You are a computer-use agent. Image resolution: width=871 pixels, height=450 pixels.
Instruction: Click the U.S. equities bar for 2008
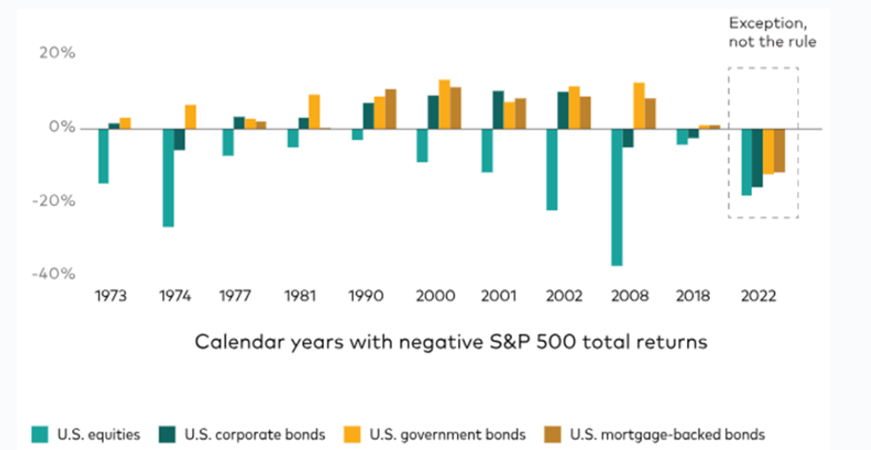point(616,197)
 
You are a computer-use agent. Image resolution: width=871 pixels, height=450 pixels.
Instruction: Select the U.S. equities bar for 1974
point(167,178)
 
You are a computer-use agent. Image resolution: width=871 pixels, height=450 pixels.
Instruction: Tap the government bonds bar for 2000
point(445,105)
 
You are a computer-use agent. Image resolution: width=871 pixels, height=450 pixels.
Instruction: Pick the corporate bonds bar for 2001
point(498,110)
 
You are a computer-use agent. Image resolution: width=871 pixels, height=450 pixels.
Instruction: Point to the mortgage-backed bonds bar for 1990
point(390,109)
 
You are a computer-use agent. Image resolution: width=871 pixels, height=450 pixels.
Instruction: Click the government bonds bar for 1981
point(314,112)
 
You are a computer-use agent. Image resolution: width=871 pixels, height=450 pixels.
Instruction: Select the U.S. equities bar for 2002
point(551,169)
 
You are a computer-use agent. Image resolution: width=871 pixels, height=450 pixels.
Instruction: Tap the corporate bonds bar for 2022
point(757,158)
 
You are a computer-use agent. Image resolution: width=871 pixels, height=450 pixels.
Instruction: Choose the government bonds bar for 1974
point(190,116)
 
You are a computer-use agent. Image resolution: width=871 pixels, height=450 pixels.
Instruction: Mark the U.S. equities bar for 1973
point(103,156)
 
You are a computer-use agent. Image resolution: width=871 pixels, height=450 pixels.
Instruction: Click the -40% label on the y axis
point(54,274)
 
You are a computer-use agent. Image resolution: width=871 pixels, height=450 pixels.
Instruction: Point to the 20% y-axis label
point(56,53)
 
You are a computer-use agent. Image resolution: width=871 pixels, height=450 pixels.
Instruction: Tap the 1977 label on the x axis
point(235,296)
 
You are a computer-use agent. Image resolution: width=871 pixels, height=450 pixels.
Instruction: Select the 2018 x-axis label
point(693,296)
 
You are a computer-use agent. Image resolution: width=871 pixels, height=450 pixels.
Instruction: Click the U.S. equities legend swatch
point(40,434)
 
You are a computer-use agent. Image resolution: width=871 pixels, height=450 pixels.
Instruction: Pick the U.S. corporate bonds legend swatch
point(167,434)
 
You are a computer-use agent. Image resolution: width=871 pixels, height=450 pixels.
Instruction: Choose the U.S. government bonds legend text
point(447,434)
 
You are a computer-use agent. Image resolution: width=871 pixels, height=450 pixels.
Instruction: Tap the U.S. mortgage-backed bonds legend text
point(668,434)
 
